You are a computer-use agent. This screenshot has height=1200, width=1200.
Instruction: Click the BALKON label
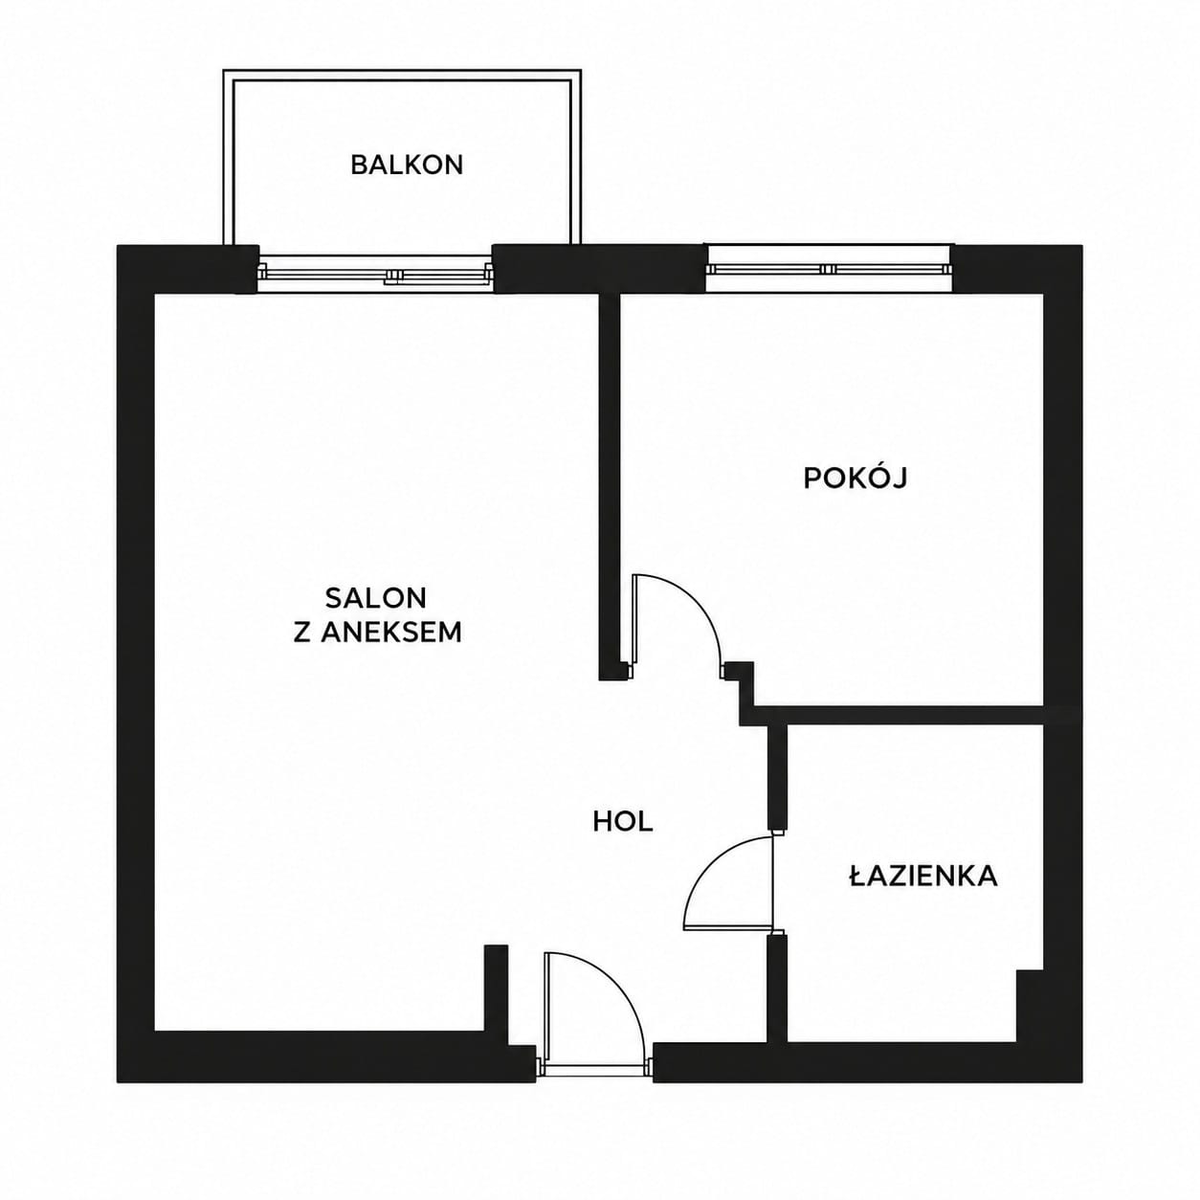pyautogui.click(x=407, y=165)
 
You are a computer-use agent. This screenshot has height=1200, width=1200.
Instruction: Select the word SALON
pyautogui.click(x=376, y=598)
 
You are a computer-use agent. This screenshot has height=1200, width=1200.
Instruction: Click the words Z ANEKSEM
pyautogui.click(x=377, y=633)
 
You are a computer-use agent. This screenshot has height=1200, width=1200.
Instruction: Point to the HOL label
pyautogui.click(x=623, y=822)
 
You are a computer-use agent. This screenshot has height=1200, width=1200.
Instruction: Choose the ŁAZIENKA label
pyautogui.click(x=923, y=877)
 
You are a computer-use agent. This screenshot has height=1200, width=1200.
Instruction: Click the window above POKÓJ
pyautogui.click(x=829, y=269)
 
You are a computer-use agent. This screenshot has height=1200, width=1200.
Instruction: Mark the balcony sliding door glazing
pyautogui.click(x=376, y=273)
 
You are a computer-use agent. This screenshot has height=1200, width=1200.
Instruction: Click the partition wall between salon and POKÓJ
pyautogui.click(x=610, y=486)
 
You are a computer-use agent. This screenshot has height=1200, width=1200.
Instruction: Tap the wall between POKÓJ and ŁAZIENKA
pyautogui.click(x=898, y=716)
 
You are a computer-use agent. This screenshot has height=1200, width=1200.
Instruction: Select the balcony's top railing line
pyautogui.click(x=402, y=76)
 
